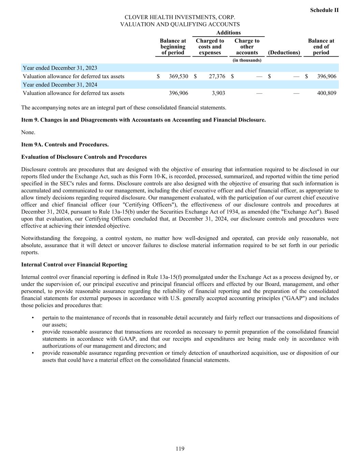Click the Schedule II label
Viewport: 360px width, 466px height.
[x=324, y=10]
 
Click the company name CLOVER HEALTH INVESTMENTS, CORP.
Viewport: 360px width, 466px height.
[x=180, y=17]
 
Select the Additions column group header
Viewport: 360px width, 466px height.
[x=228, y=33]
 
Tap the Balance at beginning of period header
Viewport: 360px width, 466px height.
[x=173, y=47]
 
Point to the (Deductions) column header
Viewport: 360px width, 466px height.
[x=284, y=53]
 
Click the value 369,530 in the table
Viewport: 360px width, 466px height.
[x=178, y=76]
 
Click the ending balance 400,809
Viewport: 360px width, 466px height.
[x=327, y=93]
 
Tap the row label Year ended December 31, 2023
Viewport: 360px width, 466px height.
[x=60, y=68]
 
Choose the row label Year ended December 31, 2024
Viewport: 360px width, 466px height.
[x=60, y=85]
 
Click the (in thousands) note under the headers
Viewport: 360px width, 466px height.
[x=247, y=60]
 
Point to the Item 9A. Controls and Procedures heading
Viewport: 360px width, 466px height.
[x=65, y=144]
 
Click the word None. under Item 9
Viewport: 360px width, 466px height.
[x=28, y=132]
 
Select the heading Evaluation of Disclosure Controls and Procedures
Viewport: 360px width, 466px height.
[x=84, y=157]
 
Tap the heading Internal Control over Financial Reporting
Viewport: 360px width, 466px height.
[x=74, y=265]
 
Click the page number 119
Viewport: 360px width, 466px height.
[x=180, y=449]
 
